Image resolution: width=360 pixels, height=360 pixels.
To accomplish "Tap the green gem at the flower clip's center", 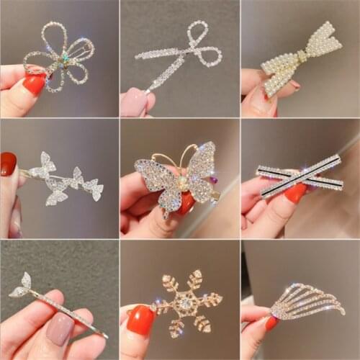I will pyautogui.click(x=63, y=57).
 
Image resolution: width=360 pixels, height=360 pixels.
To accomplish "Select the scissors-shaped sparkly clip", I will pyautogui.click(x=180, y=55).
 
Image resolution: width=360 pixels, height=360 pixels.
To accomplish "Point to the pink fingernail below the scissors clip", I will pyautogui.click(x=135, y=102).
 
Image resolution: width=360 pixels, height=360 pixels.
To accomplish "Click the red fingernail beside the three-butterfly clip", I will pyautogui.click(x=9, y=164).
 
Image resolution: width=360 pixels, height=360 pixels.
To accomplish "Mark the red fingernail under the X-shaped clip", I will pyautogui.click(x=295, y=193).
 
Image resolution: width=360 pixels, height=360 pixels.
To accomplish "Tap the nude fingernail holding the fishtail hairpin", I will pyautogui.click(x=60, y=328).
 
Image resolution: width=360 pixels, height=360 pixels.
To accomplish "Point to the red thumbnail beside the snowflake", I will pyautogui.click(x=140, y=320).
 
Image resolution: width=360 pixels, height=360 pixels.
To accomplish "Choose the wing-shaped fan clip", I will pyautogui.click(x=306, y=302).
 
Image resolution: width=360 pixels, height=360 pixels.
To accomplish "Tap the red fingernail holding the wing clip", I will pyautogui.click(x=271, y=323).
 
